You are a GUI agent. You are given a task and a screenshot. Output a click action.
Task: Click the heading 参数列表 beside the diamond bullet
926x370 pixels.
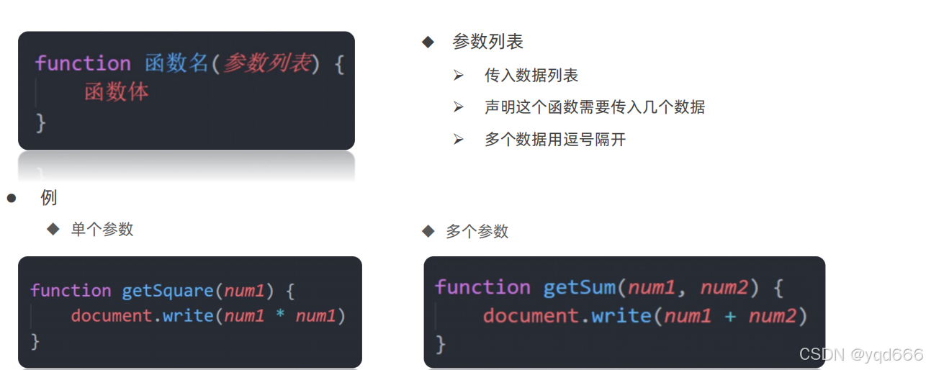tap(487, 42)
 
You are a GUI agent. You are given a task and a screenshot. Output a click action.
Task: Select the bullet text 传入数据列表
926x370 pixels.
tap(531, 76)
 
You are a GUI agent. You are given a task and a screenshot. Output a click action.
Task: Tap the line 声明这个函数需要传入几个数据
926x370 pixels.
tap(594, 107)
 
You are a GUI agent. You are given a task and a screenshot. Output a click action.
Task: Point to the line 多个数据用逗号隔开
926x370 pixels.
tap(555, 140)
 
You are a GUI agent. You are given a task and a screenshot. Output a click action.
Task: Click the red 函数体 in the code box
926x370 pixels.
tap(117, 92)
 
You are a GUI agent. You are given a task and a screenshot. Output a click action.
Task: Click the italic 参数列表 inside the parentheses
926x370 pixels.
tap(266, 63)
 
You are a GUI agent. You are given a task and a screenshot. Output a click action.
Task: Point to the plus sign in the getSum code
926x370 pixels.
tap(730, 315)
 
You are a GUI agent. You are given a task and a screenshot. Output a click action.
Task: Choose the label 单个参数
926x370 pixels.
tap(102, 230)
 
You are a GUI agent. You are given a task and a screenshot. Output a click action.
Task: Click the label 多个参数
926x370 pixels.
tap(477, 231)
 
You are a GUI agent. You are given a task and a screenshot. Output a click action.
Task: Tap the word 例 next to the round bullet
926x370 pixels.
tap(49, 197)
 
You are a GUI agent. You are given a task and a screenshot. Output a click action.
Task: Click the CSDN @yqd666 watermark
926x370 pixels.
tap(860, 354)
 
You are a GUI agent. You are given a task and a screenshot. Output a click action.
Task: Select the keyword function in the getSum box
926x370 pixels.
tap(482, 287)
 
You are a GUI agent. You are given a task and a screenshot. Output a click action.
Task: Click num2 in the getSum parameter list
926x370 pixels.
tap(725, 288)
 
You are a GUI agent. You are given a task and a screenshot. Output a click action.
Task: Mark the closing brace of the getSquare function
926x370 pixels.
tap(35, 340)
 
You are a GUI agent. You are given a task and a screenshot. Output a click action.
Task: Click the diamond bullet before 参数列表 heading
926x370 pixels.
tap(428, 42)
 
